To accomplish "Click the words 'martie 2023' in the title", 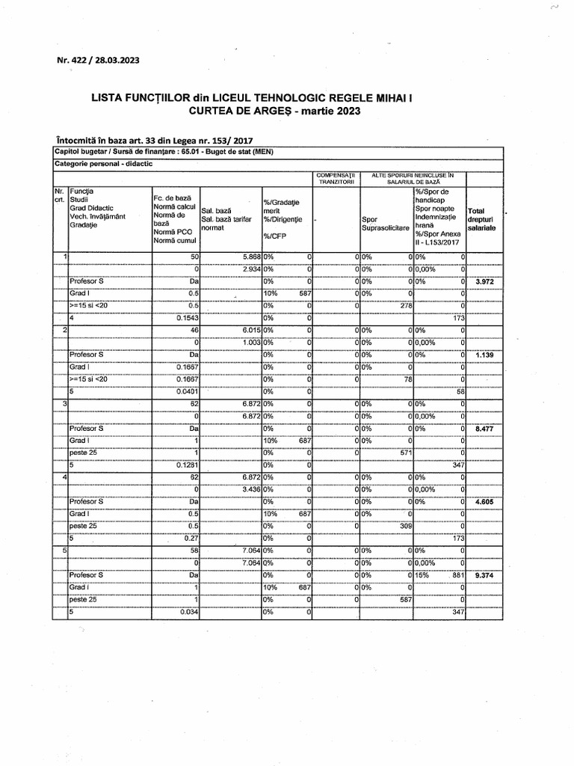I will [x=330, y=111].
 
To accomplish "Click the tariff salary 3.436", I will [x=247, y=490].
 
